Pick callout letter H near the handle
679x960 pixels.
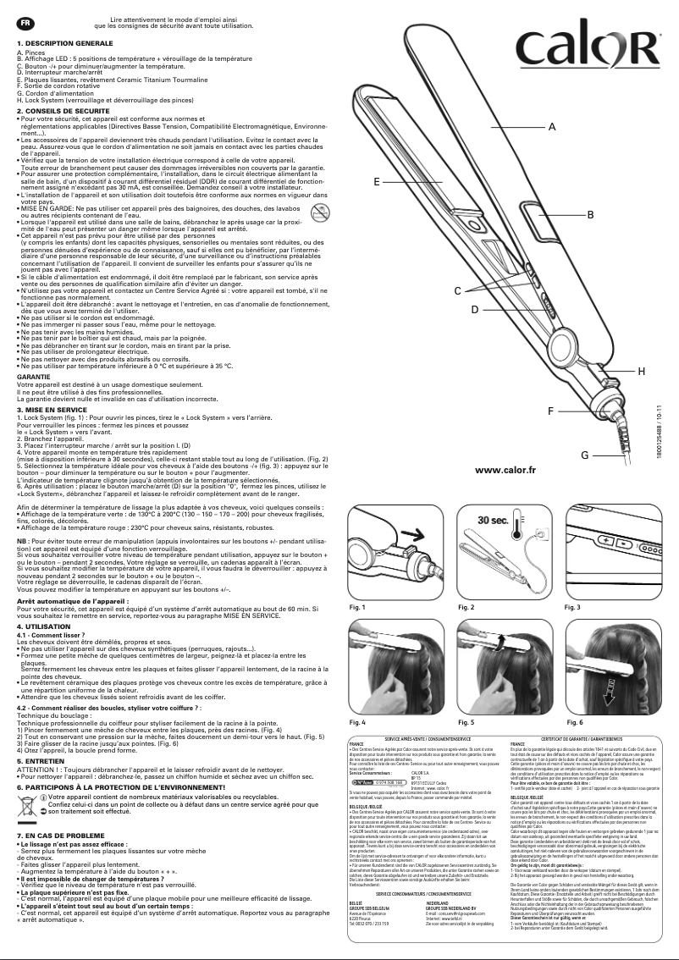tap(641, 371)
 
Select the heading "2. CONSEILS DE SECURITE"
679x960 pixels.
tap(63, 111)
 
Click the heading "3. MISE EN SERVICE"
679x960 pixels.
tap(52, 409)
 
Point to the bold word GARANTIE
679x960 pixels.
tap(33, 375)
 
